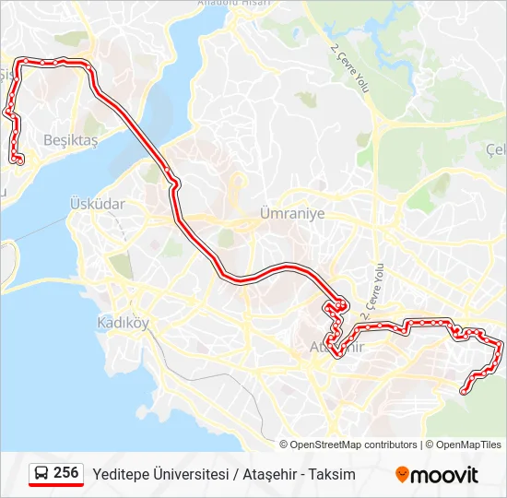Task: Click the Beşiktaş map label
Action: [70, 140]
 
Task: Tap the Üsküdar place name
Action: [97, 203]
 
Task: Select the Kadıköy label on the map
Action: [123, 323]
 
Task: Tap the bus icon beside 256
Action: [41, 474]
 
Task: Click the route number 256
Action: [66, 473]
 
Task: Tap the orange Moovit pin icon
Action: [402, 474]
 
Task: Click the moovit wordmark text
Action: [446, 475]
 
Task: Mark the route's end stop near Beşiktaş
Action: [19, 161]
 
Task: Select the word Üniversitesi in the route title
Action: [193, 474]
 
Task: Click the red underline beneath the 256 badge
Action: [55, 485]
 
